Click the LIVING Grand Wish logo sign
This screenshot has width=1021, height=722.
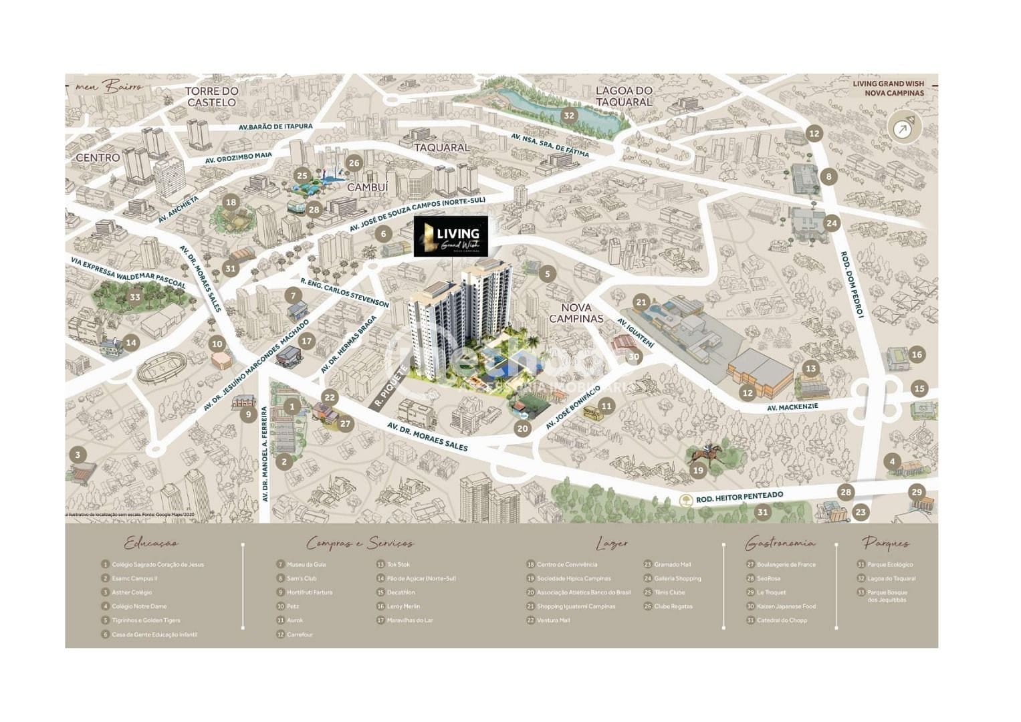(x=451, y=237)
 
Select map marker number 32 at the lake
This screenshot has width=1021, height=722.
(x=569, y=115)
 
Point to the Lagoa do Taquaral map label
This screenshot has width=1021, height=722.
(x=623, y=96)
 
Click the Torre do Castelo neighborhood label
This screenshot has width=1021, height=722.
(x=211, y=97)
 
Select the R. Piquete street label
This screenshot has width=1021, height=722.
(x=391, y=386)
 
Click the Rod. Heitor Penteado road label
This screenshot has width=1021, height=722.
(x=740, y=497)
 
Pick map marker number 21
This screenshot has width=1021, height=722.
(x=642, y=302)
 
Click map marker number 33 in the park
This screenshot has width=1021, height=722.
(x=135, y=297)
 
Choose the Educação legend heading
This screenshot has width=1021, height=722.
(x=152, y=544)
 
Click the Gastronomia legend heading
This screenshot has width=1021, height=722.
(x=780, y=544)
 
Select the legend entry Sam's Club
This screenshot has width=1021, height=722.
(x=302, y=578)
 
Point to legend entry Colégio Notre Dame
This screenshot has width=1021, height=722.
(x=139, y=606)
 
